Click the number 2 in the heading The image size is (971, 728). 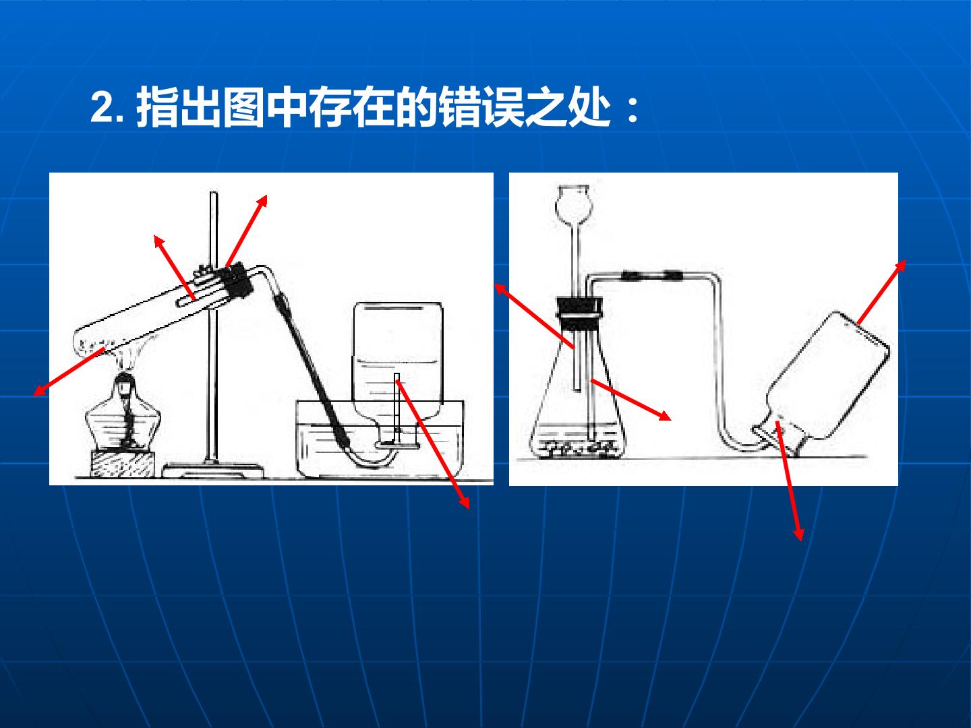(103, 108)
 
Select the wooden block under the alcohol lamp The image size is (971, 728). (123, 464)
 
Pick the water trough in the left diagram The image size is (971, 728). (380, 439)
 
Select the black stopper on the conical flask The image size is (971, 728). (579, 314)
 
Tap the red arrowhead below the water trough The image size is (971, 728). (464, 502)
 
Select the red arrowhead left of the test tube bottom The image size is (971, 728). (39, 390)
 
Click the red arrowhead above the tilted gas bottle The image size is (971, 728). (900, 266)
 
